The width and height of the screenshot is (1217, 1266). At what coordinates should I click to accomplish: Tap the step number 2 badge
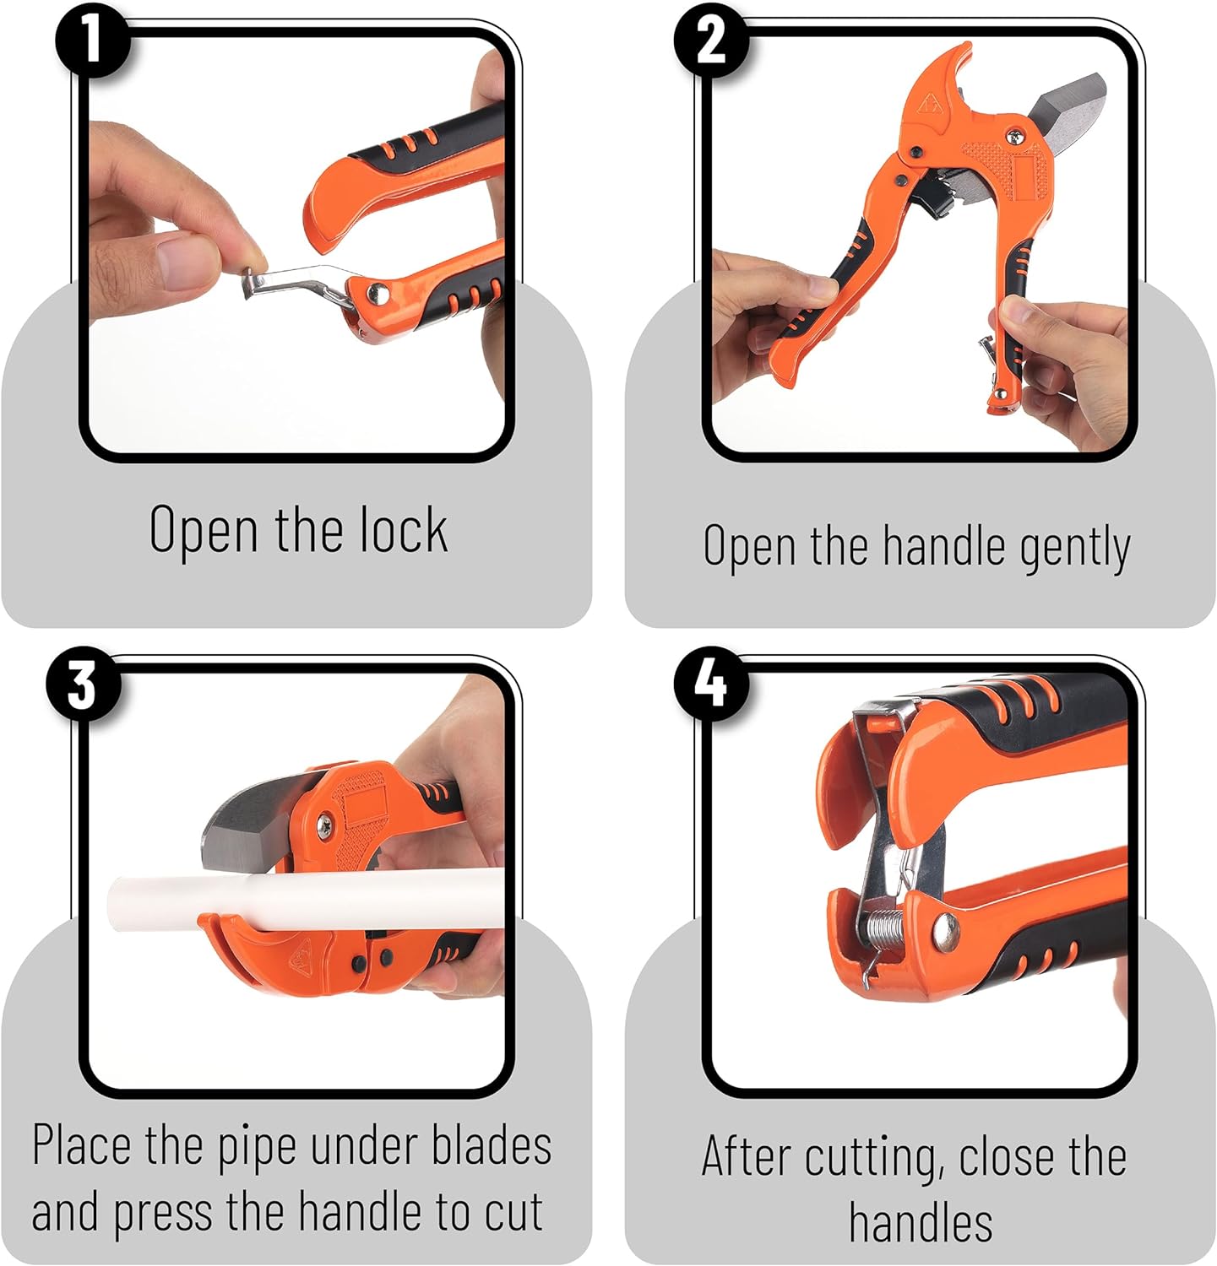tap(712, 40)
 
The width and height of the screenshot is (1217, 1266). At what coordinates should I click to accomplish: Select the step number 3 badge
tap(83, 684)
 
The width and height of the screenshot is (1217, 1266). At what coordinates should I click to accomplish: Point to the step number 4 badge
tap(712, 684)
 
